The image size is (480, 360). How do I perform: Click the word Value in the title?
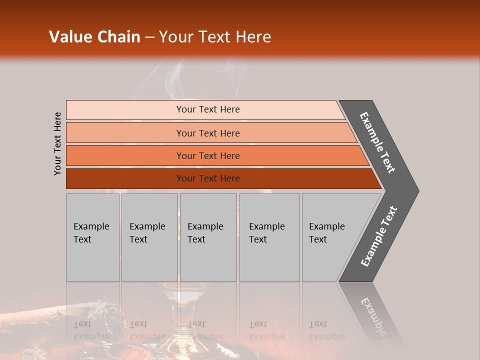[x=68, y=37]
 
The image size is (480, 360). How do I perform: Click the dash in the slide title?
[x=149, y=37]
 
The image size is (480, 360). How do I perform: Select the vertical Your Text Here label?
[x=57, y=144]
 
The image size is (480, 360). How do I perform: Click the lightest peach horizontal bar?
[x=207, y=109]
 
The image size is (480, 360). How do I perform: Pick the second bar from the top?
[x=207, y=133]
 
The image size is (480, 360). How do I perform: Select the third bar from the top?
[x=207, y=155]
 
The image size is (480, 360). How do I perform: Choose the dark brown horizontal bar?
[x=207, y=178]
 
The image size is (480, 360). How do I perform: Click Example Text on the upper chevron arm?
[x=377, y=142]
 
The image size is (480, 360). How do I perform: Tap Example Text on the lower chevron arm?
[x=378, y=236]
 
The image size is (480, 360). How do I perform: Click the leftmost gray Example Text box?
[x=92, y=237]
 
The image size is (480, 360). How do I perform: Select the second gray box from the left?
[x=149, y=237]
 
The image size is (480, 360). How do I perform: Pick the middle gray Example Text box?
[x=208, y=237]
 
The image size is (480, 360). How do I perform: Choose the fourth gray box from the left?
[x=269, y=237]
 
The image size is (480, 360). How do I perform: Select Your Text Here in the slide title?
[x=215, y=37]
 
